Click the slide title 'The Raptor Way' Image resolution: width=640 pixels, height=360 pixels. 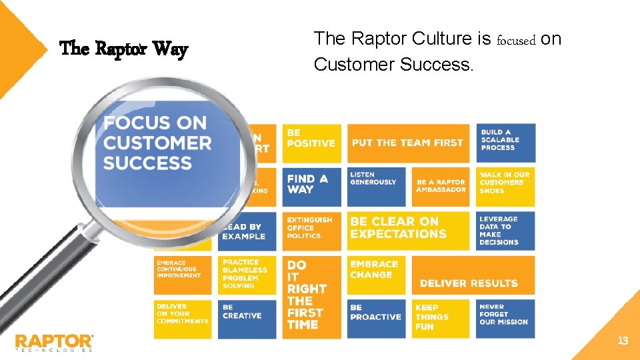124,49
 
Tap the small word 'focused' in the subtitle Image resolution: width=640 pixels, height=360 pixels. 517,41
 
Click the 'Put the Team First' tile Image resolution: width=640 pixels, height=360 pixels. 407,143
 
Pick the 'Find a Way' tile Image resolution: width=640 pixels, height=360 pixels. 311,187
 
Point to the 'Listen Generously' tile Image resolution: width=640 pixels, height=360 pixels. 376,187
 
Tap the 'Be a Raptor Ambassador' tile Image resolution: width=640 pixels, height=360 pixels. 441,187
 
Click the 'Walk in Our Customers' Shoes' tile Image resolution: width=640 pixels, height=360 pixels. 505,187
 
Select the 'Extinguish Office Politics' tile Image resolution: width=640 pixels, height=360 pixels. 311,230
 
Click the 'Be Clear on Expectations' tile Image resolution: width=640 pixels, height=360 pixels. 407,230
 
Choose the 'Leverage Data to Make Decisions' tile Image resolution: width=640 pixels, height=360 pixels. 505,230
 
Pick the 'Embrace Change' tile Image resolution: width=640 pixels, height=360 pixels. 376,274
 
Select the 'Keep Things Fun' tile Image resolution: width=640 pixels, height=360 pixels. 441,318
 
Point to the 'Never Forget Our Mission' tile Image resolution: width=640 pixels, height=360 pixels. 505,318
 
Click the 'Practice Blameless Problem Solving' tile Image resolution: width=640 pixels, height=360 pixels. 247,274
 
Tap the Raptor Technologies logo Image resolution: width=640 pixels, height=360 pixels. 55,342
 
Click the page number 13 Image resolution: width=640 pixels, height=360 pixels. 623,341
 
